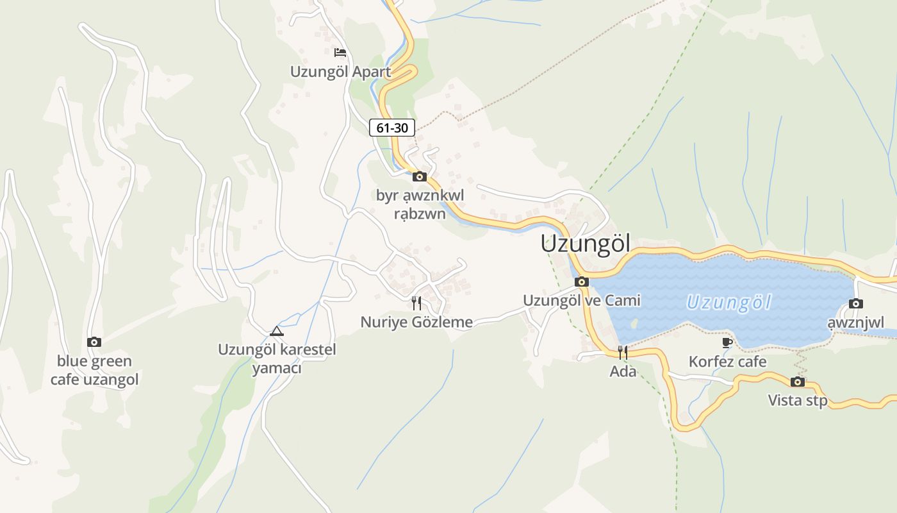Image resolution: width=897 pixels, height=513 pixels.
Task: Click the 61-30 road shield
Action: click(x=392, y=128)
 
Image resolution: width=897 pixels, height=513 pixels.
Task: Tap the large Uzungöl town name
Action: click(x=585, y=244)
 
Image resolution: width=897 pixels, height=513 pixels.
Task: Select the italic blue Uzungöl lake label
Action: click(x=729, y=302)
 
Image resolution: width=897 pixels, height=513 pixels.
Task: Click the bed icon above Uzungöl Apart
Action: click(x=340, y=52)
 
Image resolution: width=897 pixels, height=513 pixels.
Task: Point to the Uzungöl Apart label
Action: click(x=340, y=71)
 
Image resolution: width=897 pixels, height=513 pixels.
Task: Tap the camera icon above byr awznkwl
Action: click(x=420, y=176)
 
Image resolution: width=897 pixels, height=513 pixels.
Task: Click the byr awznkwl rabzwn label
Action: click(x=420, y=204)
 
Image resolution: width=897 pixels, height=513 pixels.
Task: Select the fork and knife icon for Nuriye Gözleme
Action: click(x=416, y=303)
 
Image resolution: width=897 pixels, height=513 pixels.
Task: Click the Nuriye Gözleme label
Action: click(x=416, y=322)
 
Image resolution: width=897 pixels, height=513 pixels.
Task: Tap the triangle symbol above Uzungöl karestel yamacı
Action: click(x=277, y=331)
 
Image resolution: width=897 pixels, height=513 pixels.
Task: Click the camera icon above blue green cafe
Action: click(x=94, y=342)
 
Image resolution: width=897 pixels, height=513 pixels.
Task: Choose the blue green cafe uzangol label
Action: click(x=94, y=370)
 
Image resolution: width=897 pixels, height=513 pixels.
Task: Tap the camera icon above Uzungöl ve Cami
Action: click(x=582, y=282)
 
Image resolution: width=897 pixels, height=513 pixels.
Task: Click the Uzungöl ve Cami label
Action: click(x=582, y=300)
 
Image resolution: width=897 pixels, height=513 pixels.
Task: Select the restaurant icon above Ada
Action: click(x=622, y=352)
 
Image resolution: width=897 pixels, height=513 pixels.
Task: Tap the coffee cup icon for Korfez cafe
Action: click(x=727, y=343)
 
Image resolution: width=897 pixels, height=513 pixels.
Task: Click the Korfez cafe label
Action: click(x=727, y=362)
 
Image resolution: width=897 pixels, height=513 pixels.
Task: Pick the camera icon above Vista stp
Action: click(x=798, y=382)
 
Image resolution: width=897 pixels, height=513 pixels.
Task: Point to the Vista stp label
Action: click(x=798, y=401)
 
